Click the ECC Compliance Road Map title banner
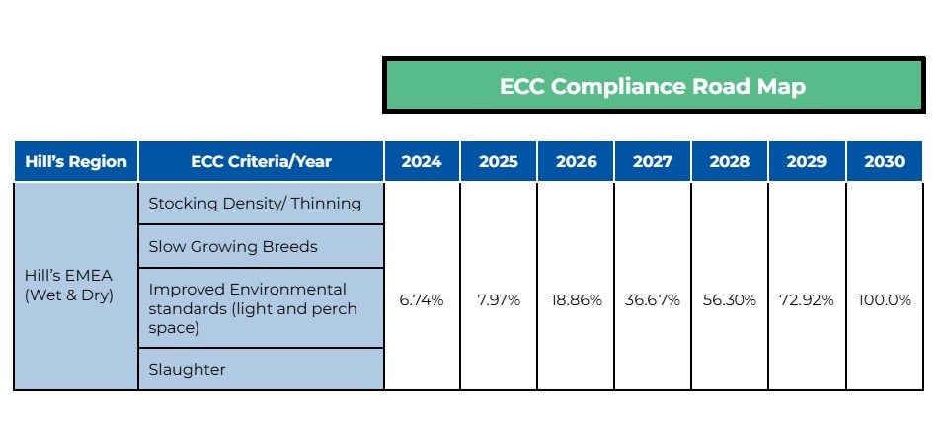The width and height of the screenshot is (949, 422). click(653, 86)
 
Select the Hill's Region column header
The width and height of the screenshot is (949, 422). click(76, 162)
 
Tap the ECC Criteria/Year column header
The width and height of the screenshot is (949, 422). click(261, 162)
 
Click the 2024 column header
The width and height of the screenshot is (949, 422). click(422, 162)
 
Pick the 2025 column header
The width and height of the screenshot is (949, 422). click(499, 162)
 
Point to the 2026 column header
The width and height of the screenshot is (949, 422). click(576, 162)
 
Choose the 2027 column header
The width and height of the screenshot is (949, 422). click(653, 162)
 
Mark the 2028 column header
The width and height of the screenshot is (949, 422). click(730, 162)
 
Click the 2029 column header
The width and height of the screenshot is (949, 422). click(807, 162)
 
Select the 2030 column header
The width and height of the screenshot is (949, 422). click(884, 162)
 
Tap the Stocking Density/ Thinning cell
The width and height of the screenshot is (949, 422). click(255, 204)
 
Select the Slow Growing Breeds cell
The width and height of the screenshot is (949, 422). click(233, 246)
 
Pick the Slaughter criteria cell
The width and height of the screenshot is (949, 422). click(187, 369)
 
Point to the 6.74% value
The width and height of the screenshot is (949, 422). click(422, 300)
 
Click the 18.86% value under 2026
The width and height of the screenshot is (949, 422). click(576, 300)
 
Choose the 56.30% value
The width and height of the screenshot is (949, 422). click(730, 300)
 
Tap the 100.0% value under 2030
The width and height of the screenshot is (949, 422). click(884, 300)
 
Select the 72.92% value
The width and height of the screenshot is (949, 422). click(807, 300)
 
